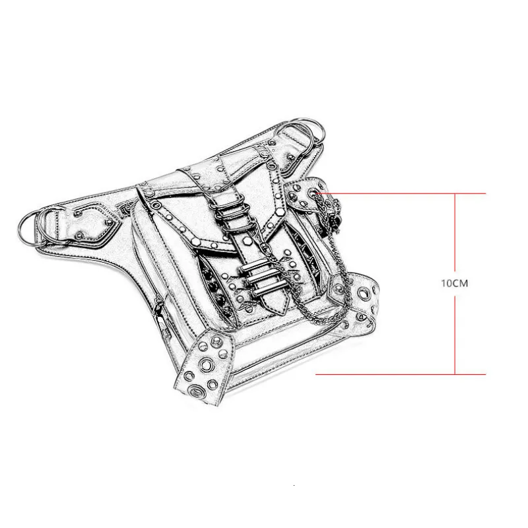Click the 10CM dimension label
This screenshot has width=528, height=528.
coord(455,283)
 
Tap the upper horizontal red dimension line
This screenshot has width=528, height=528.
coord(401,193)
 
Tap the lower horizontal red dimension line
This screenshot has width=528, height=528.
coord(401,374)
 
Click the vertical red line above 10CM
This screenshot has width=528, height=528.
coord(455,232)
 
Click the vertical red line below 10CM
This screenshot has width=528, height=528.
coord(455,335)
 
